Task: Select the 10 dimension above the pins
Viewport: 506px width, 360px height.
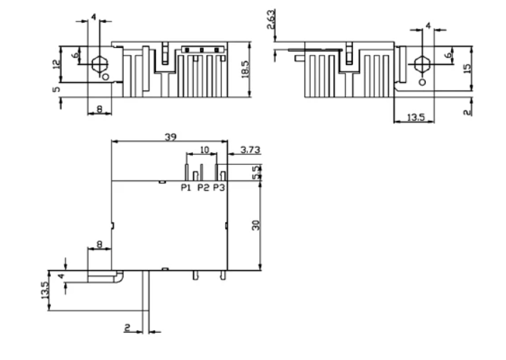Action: click(204, 150)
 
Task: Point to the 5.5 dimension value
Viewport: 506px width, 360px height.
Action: click(257, 171)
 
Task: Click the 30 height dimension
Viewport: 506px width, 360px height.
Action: click(256, 224)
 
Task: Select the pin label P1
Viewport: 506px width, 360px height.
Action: click(186, 189)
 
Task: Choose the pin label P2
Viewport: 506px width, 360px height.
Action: click(203, 189)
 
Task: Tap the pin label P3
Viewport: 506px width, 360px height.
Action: click(219, 189)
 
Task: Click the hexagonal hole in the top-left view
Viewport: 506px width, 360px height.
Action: click(98, 61)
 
